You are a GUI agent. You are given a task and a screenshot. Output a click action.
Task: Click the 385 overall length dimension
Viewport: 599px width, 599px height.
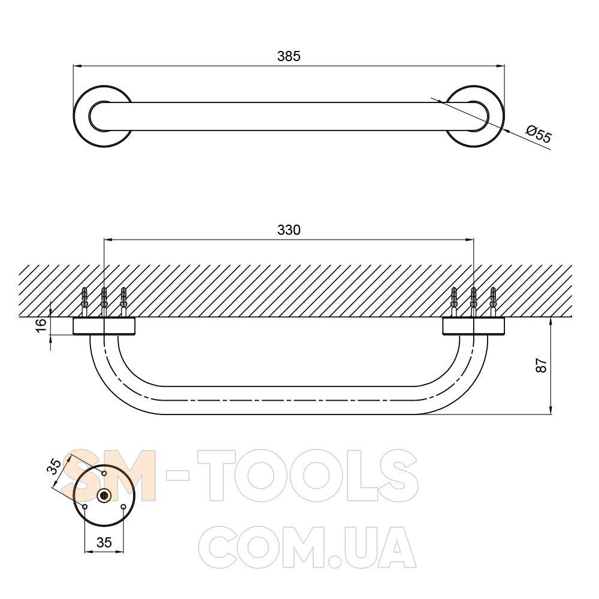(x=289, y=56)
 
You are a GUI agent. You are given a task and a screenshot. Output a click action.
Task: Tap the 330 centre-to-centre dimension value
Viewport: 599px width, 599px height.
(x=289, y=229)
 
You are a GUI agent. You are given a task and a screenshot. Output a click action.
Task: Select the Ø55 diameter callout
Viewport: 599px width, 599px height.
(x=539, y=134)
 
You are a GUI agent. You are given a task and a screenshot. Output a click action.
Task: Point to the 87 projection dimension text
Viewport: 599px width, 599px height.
(x=541, y=365)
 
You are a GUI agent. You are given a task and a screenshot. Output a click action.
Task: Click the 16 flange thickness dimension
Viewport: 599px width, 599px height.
(x=41, y=325)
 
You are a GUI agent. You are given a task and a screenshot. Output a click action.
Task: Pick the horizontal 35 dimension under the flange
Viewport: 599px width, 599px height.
(x=104, y=542)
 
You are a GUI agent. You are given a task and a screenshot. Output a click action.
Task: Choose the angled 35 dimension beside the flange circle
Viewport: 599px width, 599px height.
(x=56, y=467)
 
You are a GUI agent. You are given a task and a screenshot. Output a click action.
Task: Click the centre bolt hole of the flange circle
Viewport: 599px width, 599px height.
(x=104, y=495)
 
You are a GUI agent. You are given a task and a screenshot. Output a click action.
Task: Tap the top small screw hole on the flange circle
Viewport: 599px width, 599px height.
(x=104, y=473)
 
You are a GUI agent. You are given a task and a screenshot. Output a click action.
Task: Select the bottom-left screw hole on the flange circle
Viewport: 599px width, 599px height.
(x=85, y=507)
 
